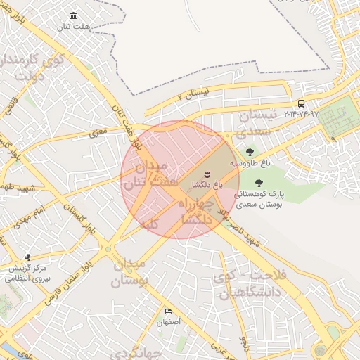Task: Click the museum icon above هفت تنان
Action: click(x=74, y=16)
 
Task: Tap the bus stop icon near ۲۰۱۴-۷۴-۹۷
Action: click(x=302, y=104)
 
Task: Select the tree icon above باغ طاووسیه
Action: click(x=248, y=151)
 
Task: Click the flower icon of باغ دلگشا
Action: click(x=207, y=173)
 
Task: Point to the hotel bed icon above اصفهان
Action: click(x=168, y=311)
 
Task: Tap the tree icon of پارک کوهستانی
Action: click(x=259, y=184)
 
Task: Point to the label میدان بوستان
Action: click(x=131, y=273)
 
